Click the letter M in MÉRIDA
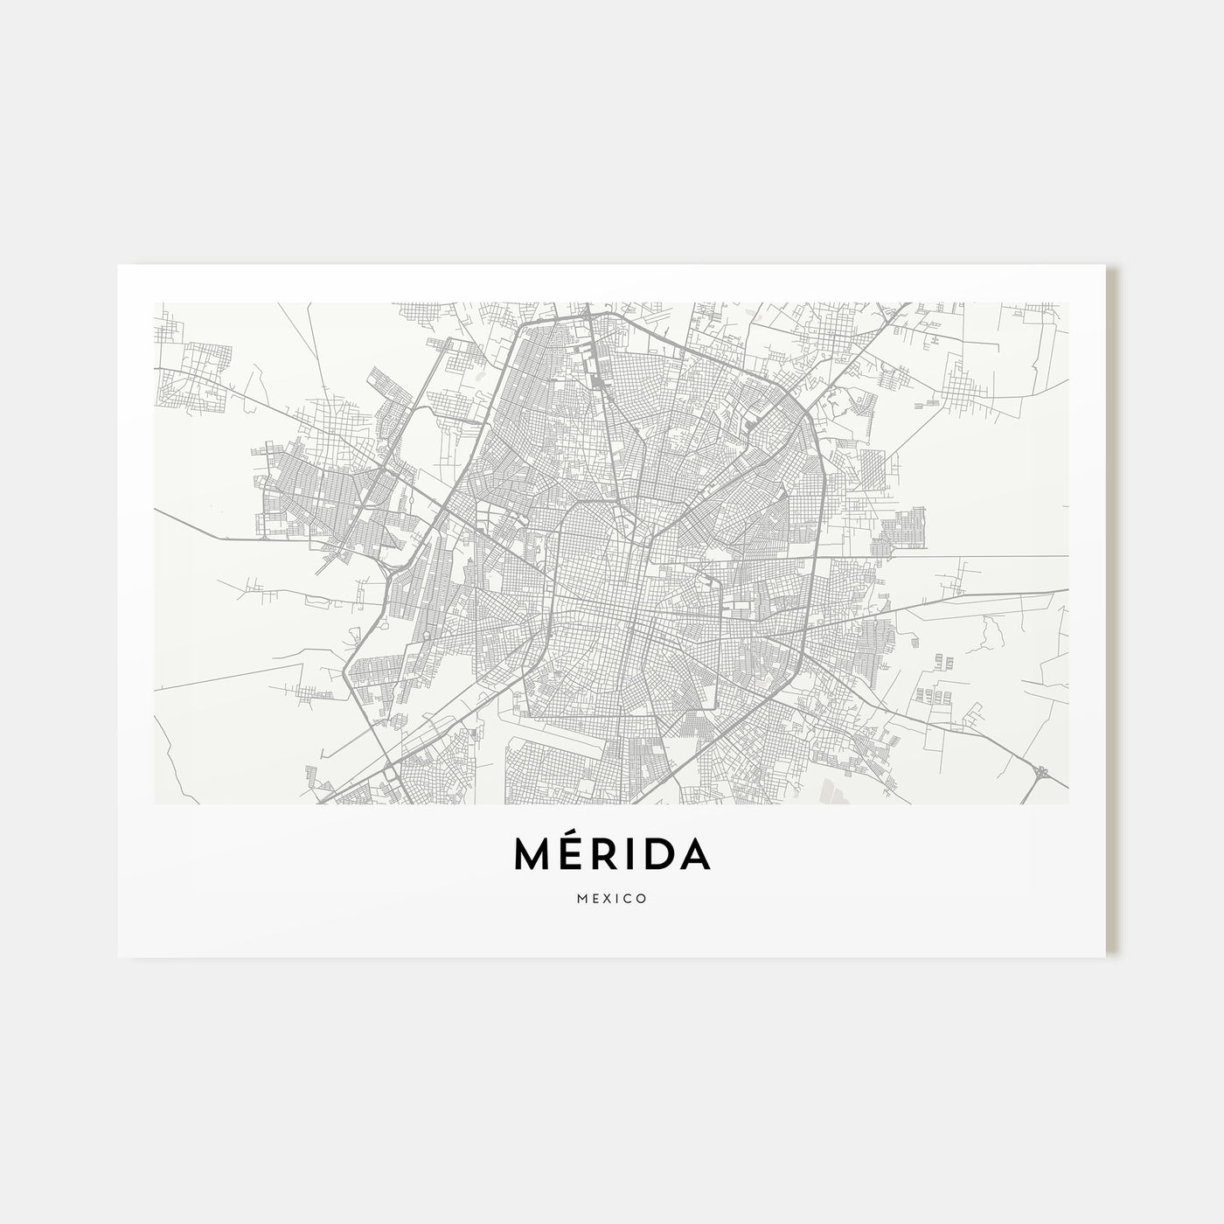coord(533,856)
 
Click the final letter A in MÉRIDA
coord(695,856)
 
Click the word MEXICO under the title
coord(612,898)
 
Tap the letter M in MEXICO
coord(581,898)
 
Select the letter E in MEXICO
coord(595,898)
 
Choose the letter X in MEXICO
coord(608,898)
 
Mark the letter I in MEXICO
coord(618,898)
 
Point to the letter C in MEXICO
coord(629,898)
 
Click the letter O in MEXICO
coord(642,898)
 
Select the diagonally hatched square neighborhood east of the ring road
coord(875,472)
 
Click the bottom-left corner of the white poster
coord(119,956)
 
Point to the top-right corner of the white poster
coord(1105,266)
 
